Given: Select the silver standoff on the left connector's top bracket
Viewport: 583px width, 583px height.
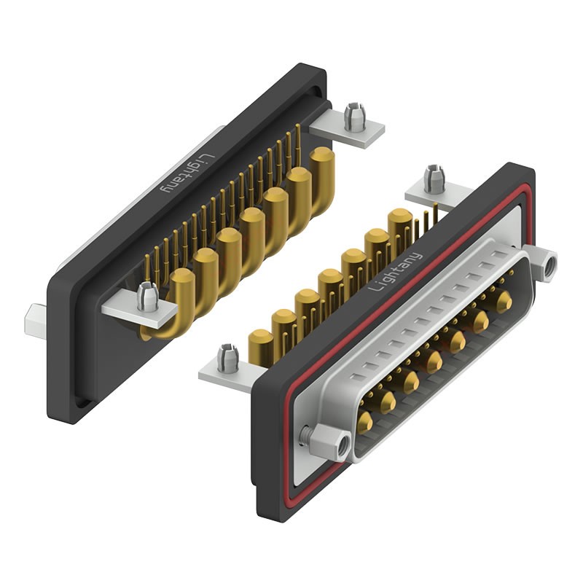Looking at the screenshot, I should (354, 117).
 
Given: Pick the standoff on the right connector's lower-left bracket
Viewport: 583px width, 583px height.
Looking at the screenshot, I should (228, 357).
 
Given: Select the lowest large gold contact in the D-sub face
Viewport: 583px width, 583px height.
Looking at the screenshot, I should (364, 421).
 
